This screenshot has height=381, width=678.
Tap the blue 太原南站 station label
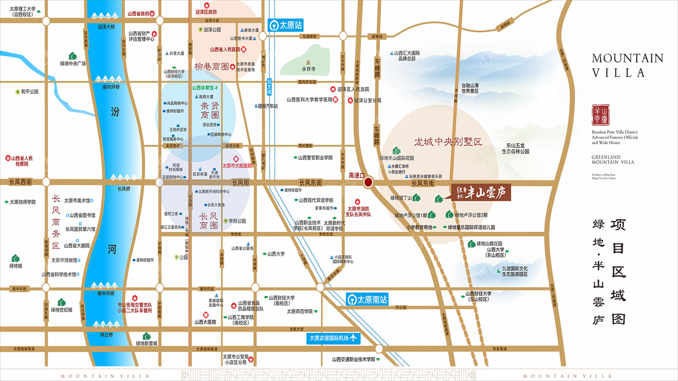click(x=367, y=299)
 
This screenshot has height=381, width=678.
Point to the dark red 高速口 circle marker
click(x=368, y=182)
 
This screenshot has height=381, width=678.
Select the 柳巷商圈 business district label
click(x=212, y=67)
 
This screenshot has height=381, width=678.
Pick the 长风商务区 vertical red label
click(x=56, y=222)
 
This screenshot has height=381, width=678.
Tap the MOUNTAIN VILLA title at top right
click(x=627, y=65)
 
